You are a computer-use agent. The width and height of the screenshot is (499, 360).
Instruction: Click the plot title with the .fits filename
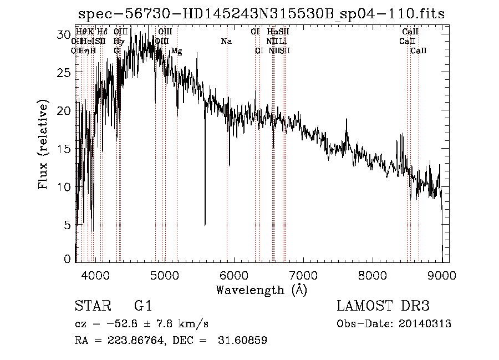pyautogui.click(x=261, y=14)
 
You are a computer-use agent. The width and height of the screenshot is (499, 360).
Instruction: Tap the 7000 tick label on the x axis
pyautogui.click(x=303, y=274)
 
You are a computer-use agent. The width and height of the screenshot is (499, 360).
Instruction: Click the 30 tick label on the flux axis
pyautogui.click(x=65, y=34)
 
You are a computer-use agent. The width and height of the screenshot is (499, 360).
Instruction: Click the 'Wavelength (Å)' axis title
pyautogui.click(x=261, y=290)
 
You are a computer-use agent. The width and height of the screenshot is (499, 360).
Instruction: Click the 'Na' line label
pyautogui.click(x=226, y=41)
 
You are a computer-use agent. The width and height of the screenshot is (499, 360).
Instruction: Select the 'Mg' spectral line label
pyautogui.click(x=176, y=51)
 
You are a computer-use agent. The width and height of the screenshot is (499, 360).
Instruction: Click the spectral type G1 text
pyautogui.click(x=142, y=306)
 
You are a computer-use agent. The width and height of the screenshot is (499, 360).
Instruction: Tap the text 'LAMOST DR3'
pyautogui.click(x=383, y=306)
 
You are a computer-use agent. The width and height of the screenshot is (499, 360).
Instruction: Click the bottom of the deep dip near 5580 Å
pyautogui.click(x=205, y=225)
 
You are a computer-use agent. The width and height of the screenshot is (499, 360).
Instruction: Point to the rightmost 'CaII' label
pyautogui.click(x=419, y=51)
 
